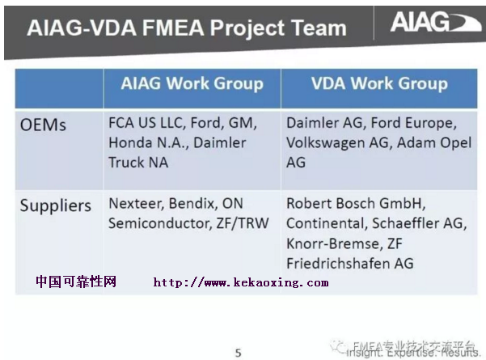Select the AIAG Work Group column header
[192, 84]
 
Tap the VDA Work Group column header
[379, 84]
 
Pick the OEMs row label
[44, 125]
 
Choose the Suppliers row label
[55, 205]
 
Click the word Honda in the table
[131, 143]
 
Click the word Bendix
[196, 204]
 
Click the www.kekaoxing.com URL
[241, 282]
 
